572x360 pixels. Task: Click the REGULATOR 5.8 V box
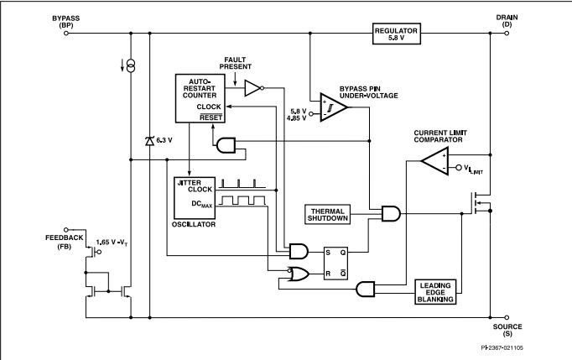click(397, 34)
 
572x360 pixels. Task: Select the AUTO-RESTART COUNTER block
click(200, 98)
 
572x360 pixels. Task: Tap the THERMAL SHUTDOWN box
click(327, 214)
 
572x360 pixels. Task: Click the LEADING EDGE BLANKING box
click(435, 292)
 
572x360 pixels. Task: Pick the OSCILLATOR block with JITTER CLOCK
click(195, 198)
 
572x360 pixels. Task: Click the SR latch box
click(335, 263)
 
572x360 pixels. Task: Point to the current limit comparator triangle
click(434, 161)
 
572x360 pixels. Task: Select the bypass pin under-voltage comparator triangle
click(334, 107)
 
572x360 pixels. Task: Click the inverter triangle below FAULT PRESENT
click(253, 88)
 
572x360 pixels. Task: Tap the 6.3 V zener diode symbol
click(149, 141)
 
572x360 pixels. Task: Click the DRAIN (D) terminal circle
click(507, 34)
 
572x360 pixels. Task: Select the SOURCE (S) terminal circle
click(507, 318)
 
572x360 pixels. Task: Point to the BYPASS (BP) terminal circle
click(66, 34)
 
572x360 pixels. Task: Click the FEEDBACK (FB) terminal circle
click(66, 230)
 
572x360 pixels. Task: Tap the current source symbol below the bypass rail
click(131, 66)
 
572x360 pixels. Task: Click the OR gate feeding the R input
click(298, 274)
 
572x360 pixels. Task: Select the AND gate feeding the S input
click(299, 252)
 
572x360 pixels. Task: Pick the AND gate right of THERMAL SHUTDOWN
click(391, 214)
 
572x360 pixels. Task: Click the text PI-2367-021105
click(502, 347)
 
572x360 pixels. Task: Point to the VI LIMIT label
click(473, 169)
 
